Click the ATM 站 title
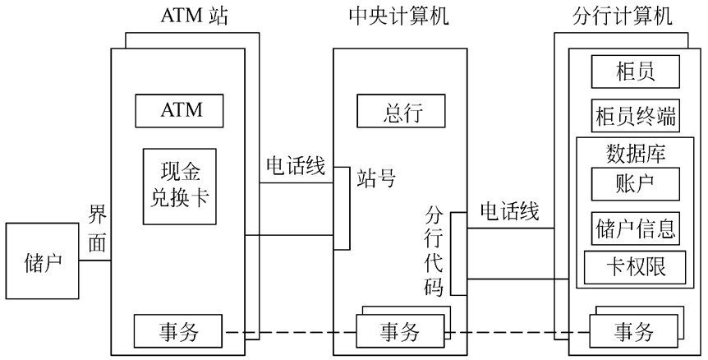pos(195,16)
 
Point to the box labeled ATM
pos(180,109)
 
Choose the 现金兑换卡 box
pos(180,187)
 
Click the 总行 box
pos(402,112)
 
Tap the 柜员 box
pos(635,72)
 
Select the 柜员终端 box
pos(635,116)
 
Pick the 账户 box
pos(635,182)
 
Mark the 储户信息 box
pos(635,228)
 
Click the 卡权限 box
pos(635,266)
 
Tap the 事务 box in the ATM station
pos(178,331)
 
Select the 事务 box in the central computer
pos(399,331)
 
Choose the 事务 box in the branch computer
pos(634,332)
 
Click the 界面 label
pos(97,229)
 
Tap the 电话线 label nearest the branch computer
pos(509,212)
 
